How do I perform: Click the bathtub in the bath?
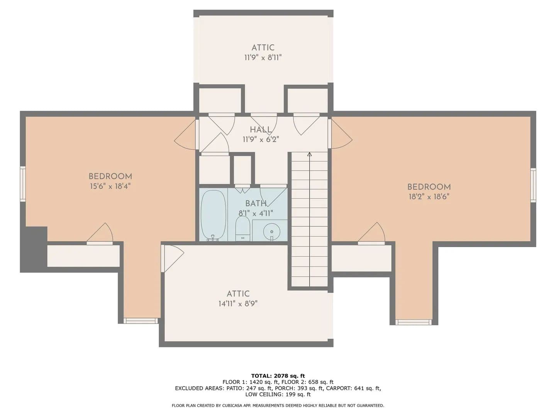(213, 215)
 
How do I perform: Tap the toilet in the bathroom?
(242, 229)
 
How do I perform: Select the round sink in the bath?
(271, 231)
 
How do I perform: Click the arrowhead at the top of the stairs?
(309, 154)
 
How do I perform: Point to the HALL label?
(261, 130)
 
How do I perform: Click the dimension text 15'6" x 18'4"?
(110, 186)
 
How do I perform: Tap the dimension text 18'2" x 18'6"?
(429, 197)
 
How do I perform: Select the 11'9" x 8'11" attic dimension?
(263, 58)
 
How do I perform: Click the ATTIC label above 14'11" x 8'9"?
(238, 294)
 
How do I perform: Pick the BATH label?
(256, 203)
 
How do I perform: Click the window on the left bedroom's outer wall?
(23, 184)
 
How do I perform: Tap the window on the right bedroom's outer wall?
(533, 185)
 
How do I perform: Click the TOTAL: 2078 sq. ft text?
(278, 376)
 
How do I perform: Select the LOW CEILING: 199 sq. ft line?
(278, 394)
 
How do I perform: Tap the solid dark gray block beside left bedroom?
(34, 249)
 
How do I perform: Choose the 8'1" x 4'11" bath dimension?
(256, 213)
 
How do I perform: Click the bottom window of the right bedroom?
(414, 322)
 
